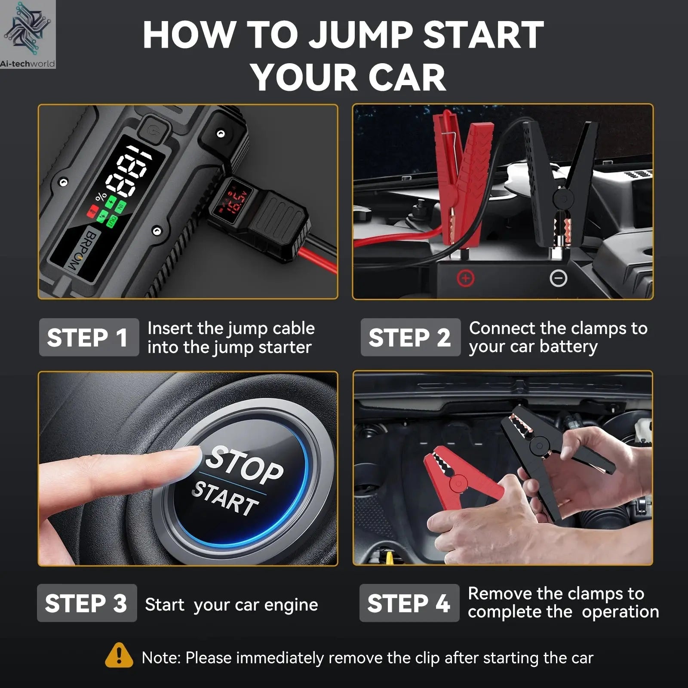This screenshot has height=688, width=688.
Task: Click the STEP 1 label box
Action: point(89,338)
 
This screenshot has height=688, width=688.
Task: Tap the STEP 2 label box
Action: point(410,338)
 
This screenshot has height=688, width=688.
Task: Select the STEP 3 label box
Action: point(86,603)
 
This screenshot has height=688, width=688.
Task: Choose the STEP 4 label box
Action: point(409,603)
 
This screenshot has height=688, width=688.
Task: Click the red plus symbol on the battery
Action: point(465,278)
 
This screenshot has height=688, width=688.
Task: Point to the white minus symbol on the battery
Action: point(558,279)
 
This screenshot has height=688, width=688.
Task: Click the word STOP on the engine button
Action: point(244,464)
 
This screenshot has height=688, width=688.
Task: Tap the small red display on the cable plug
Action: point(233,200)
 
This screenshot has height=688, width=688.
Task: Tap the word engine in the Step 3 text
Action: point(291,605)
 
